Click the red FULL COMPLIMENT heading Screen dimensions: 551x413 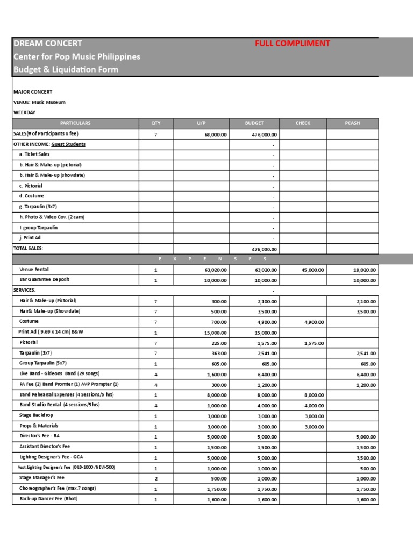pos(292,44)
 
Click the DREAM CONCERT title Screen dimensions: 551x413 pos(48,44)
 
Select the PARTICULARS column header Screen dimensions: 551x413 pos(75,123)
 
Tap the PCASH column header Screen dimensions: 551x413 pos(352,123)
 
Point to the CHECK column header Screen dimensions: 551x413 pos(303,123)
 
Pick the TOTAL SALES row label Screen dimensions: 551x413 pos(28,249)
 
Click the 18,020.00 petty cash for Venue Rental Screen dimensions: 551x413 pos(365,270)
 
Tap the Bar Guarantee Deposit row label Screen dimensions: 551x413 pos(44,280)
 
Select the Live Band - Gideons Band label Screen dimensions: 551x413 pos(59,373)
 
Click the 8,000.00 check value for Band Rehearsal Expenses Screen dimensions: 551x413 pos(314,395)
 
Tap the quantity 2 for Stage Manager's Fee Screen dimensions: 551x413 pos(156,478)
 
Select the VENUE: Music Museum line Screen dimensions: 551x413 pos(39,102)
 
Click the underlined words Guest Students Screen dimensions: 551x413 pos(68,144)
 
